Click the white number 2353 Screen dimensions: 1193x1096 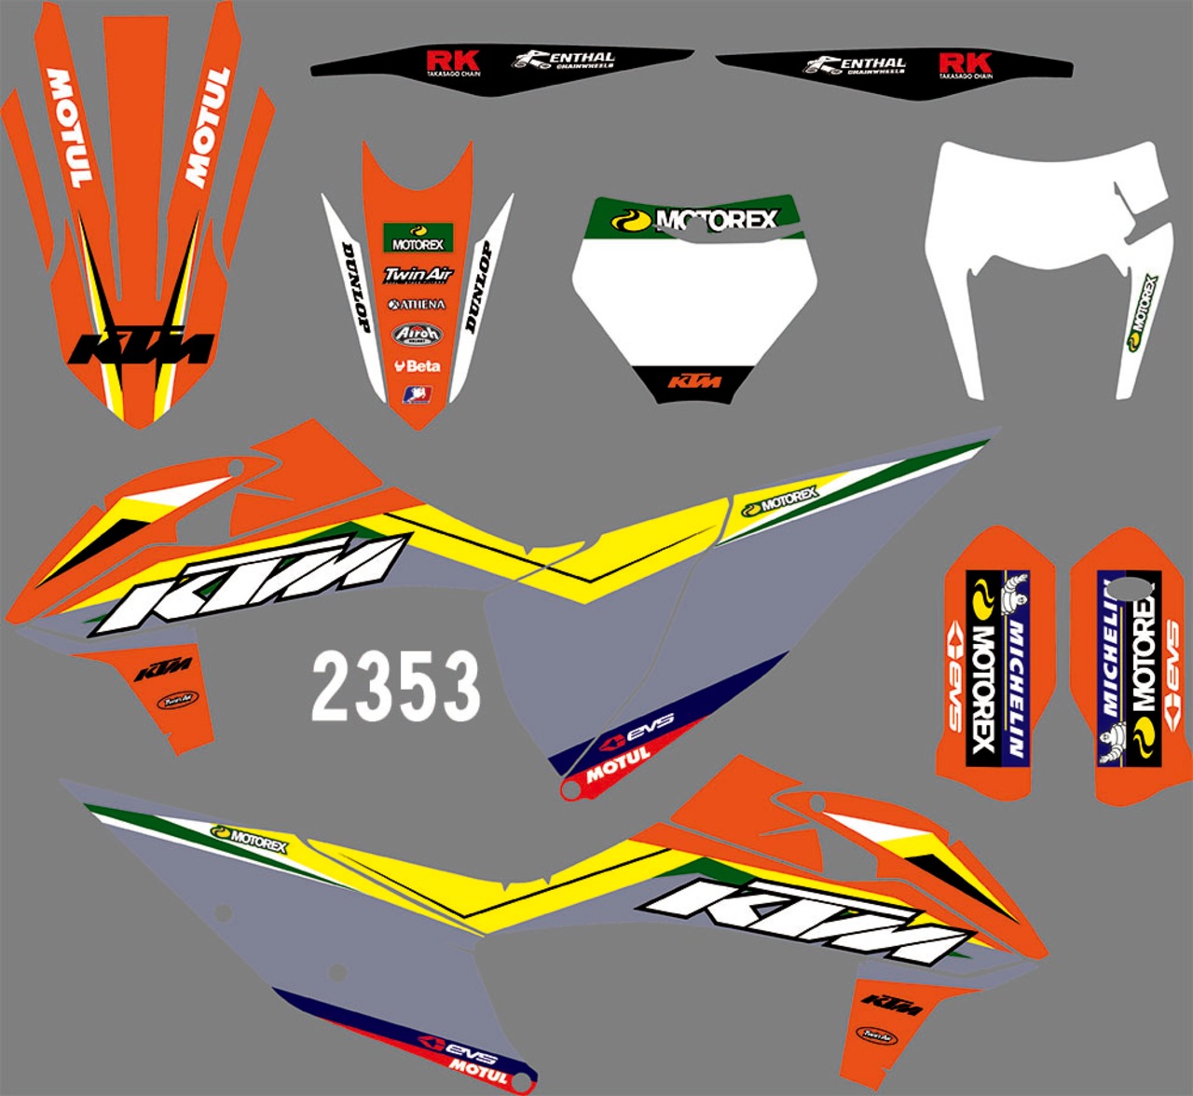point(396,686)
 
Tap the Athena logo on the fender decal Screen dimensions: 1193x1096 point(417,304)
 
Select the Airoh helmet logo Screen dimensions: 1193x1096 point(417,334)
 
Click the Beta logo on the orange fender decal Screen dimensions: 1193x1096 point(417,365)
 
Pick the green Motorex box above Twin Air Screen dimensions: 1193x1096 point(418,238)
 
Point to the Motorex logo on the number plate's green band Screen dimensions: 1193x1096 point(693,220)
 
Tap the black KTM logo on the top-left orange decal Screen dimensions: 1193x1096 point(142,348)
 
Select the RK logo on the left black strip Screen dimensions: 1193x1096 point(453,63)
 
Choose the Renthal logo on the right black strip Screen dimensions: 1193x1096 point(856,65)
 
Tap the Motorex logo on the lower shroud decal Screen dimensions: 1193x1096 point(249,839)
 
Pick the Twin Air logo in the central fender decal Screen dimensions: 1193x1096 point(418,275)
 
